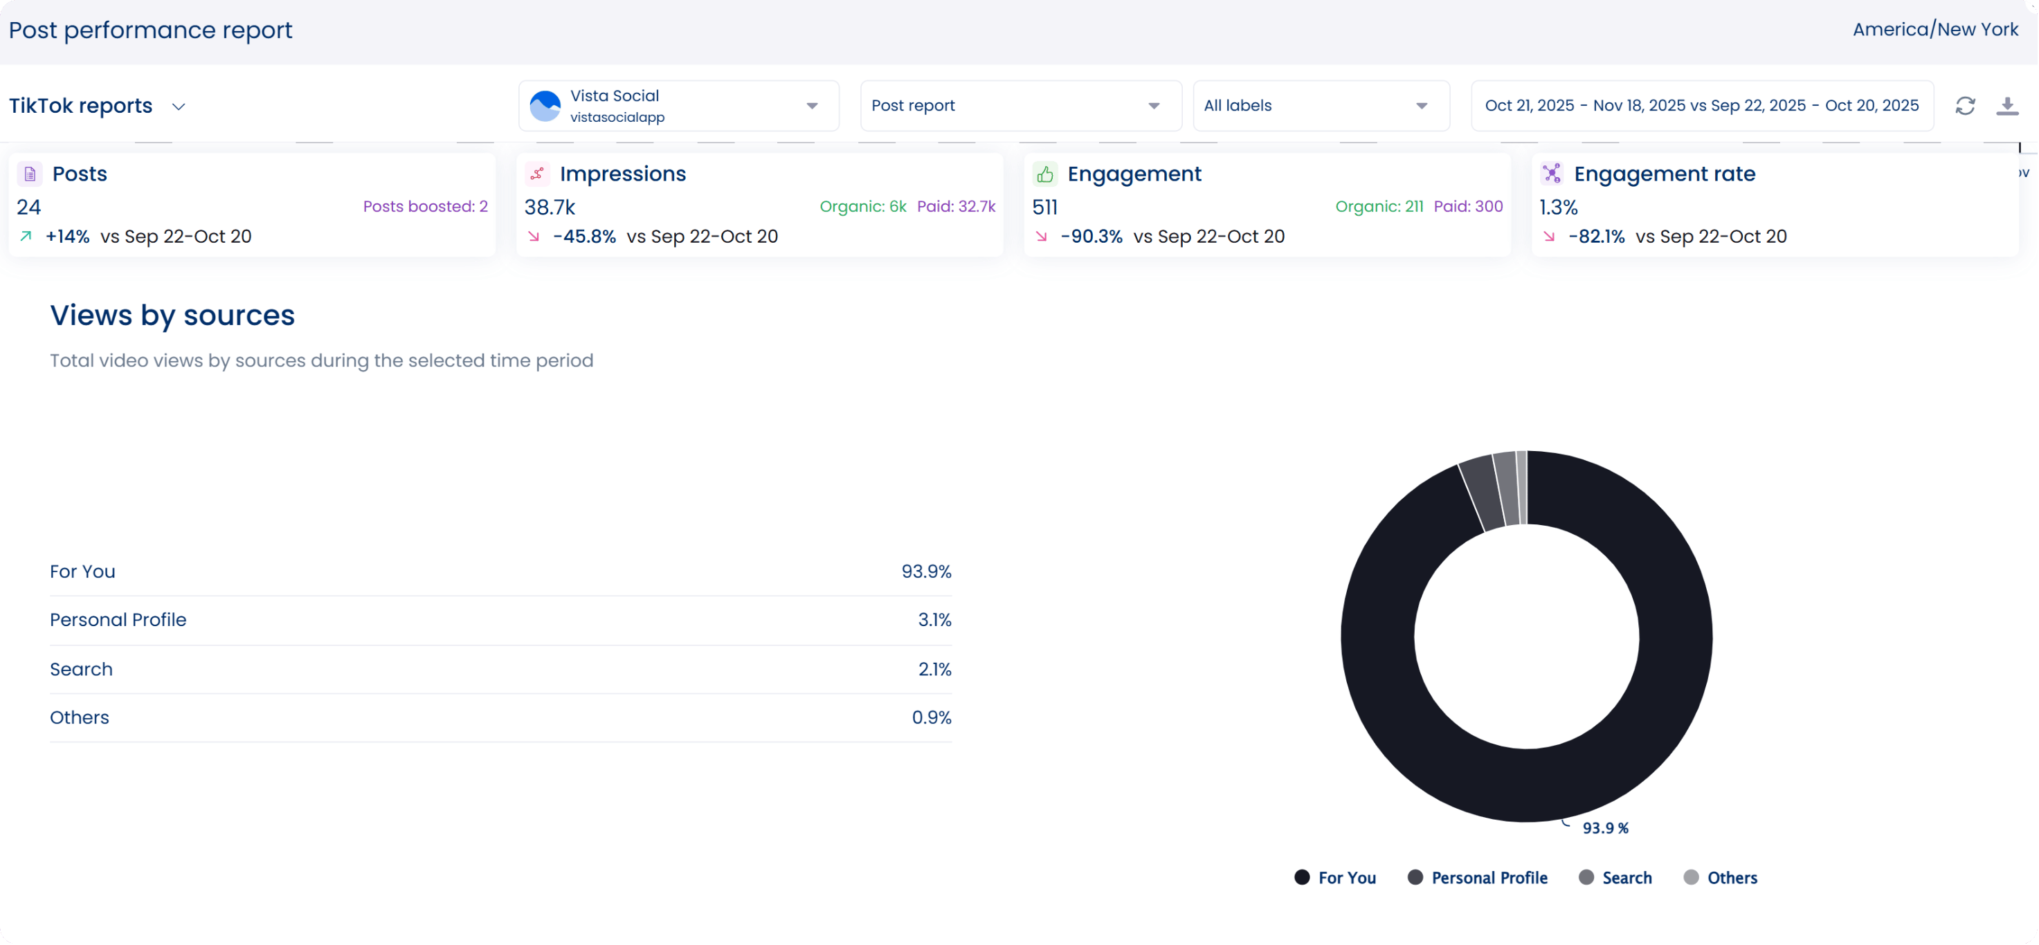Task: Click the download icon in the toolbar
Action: click(x=2006, y=106)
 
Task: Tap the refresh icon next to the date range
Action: click(x=1966, y=106)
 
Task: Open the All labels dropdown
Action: click(x=1321, y=106)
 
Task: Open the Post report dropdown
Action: click(x=1020, y=106)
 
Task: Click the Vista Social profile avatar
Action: click(x=545, y=106)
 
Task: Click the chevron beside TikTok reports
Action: click(x=179, y=107)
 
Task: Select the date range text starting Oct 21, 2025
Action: click(x=1701, y=106)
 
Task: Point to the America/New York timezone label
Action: click(x=1935, y=30)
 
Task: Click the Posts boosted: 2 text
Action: click(x=425, y=207)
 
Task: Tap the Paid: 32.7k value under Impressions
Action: click(x=957, y=207)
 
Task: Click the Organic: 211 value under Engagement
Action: click(x=1379, y=207)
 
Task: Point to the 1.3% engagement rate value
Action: click(x=1559, y=208)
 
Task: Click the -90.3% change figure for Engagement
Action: click(x=1091, y=237)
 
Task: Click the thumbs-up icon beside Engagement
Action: click(x=1045, y=174)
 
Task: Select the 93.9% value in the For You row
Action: click(x=926, y=571)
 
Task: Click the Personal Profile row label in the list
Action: click(x=118, y=620)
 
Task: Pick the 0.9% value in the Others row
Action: click(x=931, y=717)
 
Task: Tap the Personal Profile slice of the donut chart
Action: click(x=1483, y=493)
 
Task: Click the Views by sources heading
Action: click(x=172, y=315)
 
